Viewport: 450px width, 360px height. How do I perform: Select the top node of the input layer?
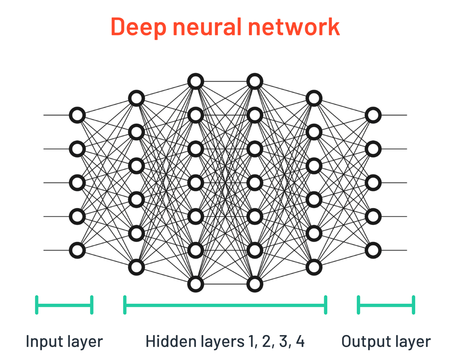[77, 115]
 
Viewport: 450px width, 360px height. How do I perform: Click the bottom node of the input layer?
[77, 250]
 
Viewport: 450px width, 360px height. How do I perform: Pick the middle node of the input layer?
[77, 182]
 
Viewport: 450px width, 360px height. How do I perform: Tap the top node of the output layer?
[373, 115]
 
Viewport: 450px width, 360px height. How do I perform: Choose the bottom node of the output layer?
[373, 250]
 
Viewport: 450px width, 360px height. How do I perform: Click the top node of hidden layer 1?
[136, 98]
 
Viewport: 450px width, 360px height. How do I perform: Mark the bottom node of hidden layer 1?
[136, 267]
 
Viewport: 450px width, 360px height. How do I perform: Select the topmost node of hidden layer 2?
[195, 81]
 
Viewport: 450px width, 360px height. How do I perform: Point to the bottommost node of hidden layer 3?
[255, 284]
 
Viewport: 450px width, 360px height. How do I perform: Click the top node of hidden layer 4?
[314, 98]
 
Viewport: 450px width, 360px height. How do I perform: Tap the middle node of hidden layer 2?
[195, 182]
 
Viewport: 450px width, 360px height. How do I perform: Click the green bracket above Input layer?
[64, 305]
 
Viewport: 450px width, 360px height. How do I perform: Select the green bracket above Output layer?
[386, 305]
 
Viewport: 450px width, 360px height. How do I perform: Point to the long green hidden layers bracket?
[225, 305]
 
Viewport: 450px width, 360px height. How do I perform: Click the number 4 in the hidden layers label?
[299, 341]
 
